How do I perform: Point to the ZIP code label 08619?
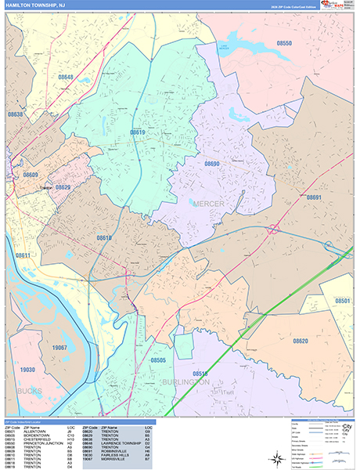[x=138, y=132]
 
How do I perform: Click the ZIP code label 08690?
[x=212, y=164]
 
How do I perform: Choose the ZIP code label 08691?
[x=314, y=197]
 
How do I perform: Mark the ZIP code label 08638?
[x=16, y=114]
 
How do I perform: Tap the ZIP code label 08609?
[x=31, y=174]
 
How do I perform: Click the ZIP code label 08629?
[x=63, y=187]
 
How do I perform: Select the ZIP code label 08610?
[x=104, y=237]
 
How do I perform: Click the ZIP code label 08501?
[x=343, y=301]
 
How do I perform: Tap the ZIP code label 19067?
[x=59, y=345]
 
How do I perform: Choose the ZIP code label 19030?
[x=27, y=369]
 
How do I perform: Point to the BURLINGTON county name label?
[x=185, y=382]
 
